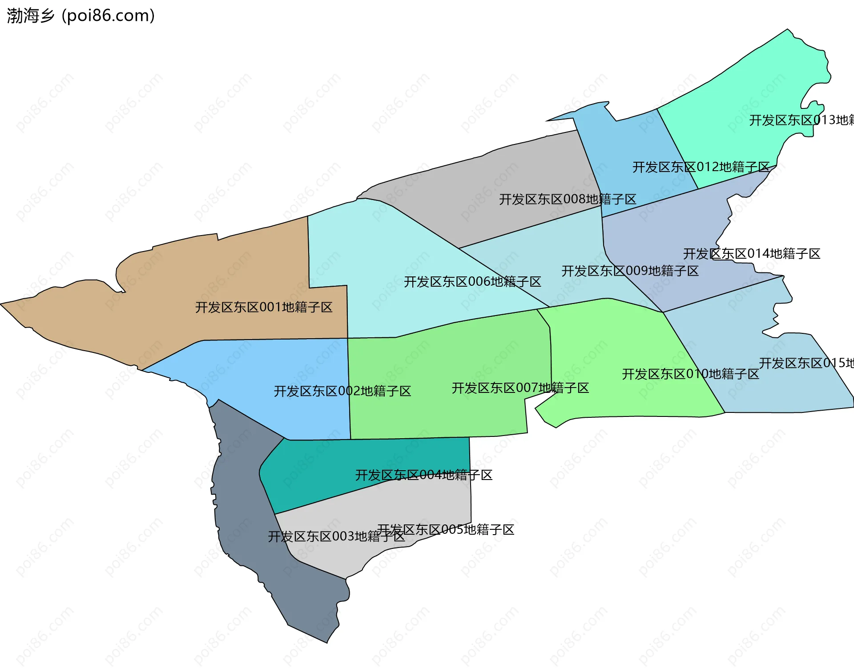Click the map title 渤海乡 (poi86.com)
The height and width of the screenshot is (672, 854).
tap(81, 16)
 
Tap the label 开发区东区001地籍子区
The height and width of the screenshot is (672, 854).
tap(264, 307)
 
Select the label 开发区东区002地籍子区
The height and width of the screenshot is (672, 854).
tap(342, 391)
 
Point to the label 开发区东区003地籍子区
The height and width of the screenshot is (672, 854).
tap(336, 536)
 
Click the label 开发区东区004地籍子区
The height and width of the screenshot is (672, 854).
tap(423, 475)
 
